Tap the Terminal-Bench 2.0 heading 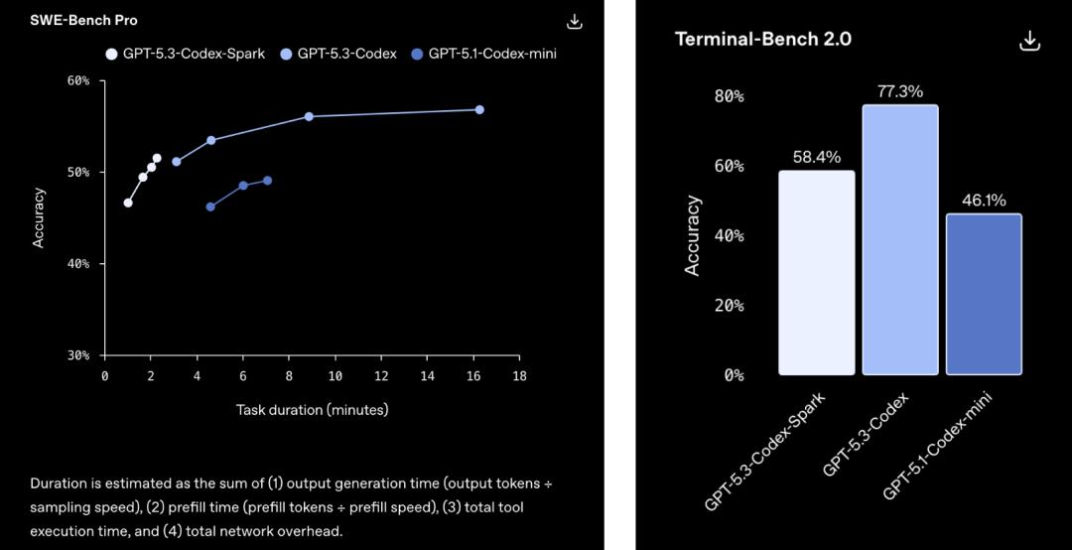pos(763,39)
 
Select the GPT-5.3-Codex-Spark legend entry pos(186,54)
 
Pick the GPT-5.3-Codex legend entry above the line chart pos(338,54)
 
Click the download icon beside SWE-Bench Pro pos(575,21)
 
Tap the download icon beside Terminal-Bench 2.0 pos(1029,40)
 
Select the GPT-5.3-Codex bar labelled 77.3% pos(900,239)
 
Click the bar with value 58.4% pos(816,272)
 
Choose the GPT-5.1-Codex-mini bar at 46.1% pos(984,294)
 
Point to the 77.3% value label pos(900,91)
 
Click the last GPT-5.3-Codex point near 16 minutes pos(479,109)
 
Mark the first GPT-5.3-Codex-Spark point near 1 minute pos(128,203)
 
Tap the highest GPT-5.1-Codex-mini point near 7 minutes pos(267,181)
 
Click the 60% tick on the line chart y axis pos(78,80)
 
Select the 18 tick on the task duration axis pos(519,376)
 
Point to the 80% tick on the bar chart pos(729,96)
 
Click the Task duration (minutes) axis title pos(312,409)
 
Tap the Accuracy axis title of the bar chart pos(693,235)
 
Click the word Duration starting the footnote pos(59,483)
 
